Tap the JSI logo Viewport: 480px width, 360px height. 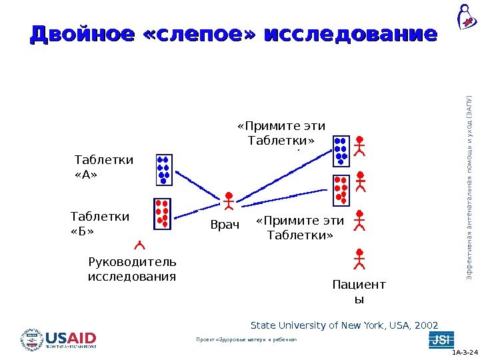coord(441,339)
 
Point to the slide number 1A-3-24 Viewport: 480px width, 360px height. coord(465,351)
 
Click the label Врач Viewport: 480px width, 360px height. coord(225,225)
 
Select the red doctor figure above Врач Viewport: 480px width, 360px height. coord(229,201)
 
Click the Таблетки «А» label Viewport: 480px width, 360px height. coord(103,167)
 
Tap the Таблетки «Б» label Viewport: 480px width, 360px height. coord(100,223)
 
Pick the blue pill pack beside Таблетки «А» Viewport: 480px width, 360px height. coord(163,169)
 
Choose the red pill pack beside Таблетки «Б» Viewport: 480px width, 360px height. coord(162,214)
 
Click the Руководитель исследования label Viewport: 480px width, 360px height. coord(132,268)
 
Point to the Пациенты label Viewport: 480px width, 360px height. coord(359,292)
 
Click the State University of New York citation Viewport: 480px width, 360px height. coord(344,325)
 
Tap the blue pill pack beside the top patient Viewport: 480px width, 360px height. coord(341,151)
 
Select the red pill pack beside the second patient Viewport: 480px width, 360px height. coord(341,190)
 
